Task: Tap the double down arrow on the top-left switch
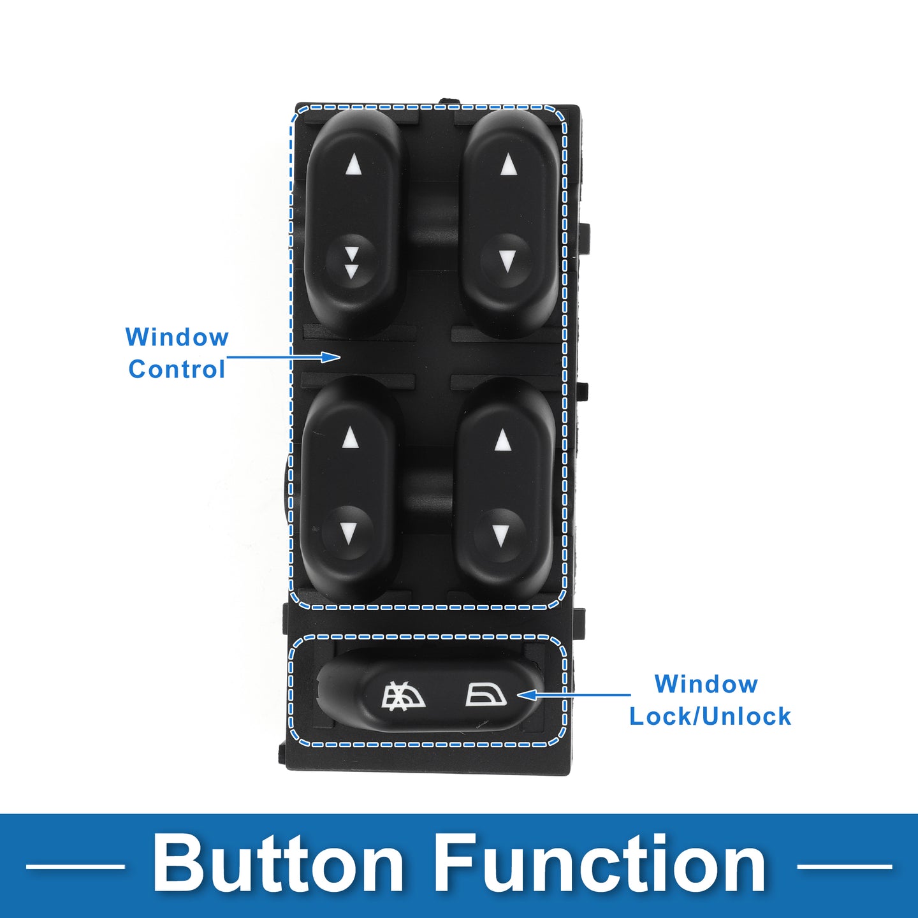point(351,263)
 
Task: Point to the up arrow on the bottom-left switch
point(350,437)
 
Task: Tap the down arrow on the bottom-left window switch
point(349,534)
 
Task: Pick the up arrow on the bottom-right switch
point(502,440)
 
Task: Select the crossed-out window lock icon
point(404,694)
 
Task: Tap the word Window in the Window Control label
point(177,337)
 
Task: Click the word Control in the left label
point(177,369)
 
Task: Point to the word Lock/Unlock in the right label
point(710,716)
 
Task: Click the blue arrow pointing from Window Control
point(283,357)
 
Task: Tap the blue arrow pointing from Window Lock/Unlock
point(573,695)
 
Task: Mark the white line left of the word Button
point(75,866)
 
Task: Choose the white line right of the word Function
point(844,866)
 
